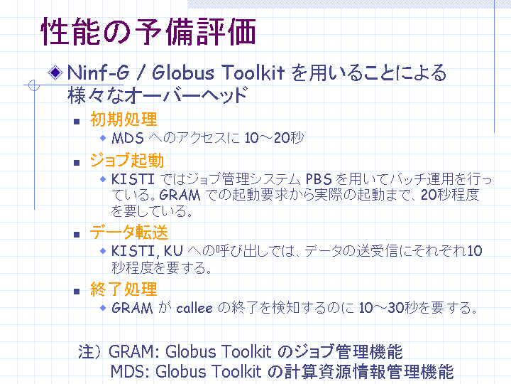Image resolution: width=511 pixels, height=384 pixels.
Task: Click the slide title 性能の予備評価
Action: pyautogui.click(x=148, y=32)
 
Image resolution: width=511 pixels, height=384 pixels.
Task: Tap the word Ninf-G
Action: pyautogui.click(x=99, y=73)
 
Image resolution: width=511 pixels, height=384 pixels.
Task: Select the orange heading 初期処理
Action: pyautogui.click(x=123, y=119)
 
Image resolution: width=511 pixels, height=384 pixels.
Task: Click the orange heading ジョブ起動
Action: pyautogui.click(x=127, y=160)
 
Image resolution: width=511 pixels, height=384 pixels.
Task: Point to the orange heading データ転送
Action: pyautogui.click(x=129, y=232)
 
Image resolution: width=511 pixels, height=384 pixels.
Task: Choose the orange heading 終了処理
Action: pyautogui.click(x=123, y=289)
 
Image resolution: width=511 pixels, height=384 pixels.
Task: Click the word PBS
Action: pyautogui.click(x=319, y=179)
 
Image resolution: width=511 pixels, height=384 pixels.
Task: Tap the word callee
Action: pyautogui.click(x=194, y=308)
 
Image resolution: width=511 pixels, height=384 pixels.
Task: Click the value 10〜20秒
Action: pyautogui.click(x=274, y=138)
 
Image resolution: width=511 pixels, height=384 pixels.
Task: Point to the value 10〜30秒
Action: pyautogui.click(x=388, y=308)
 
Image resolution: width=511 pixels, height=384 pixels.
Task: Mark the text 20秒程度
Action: pyautogui.click(x=450, y=195)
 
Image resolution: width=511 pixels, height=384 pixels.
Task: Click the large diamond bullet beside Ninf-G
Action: pyautogui.click(x=55, y=72)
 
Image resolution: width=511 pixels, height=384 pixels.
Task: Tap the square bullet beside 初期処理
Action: pyautogui.click(x=77, y=122)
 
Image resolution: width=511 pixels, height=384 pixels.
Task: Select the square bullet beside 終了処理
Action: pyautogui.click(x=77, y=292)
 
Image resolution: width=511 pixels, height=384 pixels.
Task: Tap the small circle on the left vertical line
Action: pyautogui.click(x=34, y=85)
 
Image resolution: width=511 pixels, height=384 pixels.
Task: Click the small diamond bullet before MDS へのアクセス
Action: pyautogui.click(x=103, y=138)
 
